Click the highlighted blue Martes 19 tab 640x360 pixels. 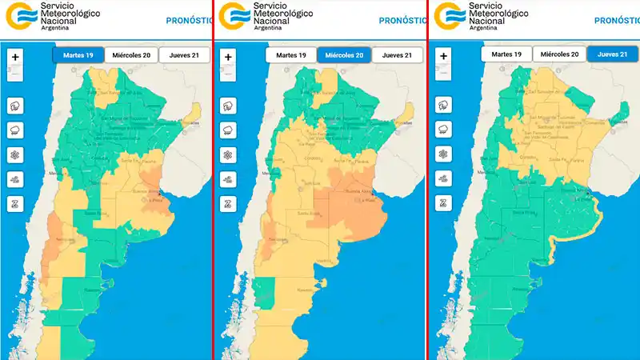coord(78,55)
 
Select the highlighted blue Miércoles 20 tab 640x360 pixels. coord(343,55)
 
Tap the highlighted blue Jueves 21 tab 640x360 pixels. coord(612,54)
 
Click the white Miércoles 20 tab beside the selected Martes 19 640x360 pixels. coord(130,55)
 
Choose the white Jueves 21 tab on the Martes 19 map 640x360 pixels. coord(184,55)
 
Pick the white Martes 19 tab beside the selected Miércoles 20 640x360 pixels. coord(291,55)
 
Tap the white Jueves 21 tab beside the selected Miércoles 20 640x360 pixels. coord(397,55)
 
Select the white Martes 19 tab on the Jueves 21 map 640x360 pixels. coord(507,54)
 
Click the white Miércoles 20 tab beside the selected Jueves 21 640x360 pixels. coord(559,54)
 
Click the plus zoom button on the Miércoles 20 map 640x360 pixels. coord(228,58)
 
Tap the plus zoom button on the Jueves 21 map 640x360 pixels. coord(442,58)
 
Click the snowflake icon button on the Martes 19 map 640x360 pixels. coord(15,155)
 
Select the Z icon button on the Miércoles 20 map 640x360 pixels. coord(228,203)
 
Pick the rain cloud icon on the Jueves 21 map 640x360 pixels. coord(442,130)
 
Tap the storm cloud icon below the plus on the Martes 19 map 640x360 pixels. coord(15,106)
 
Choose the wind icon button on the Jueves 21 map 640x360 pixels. coord(442,179)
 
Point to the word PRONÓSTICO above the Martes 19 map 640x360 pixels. coord(188,21)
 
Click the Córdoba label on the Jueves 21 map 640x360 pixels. coord(528,157)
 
